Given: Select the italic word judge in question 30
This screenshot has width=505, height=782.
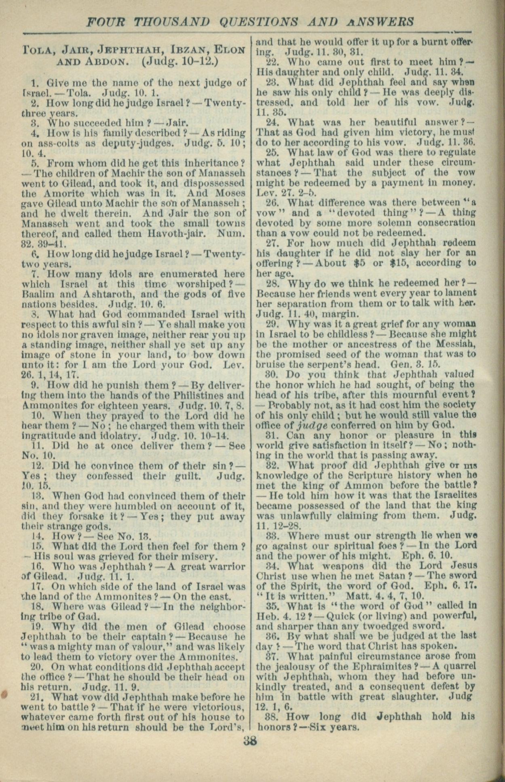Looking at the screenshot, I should pyautogui.click(x=309, y=425).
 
